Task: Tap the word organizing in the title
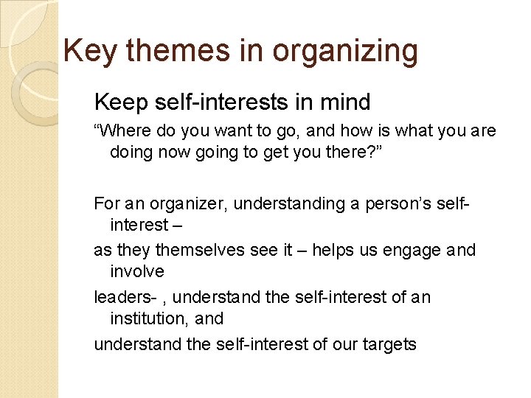click(345, 51)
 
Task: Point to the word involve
click(136, 271)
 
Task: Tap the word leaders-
click(125, 297)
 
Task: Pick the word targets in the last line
click(389, 343)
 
